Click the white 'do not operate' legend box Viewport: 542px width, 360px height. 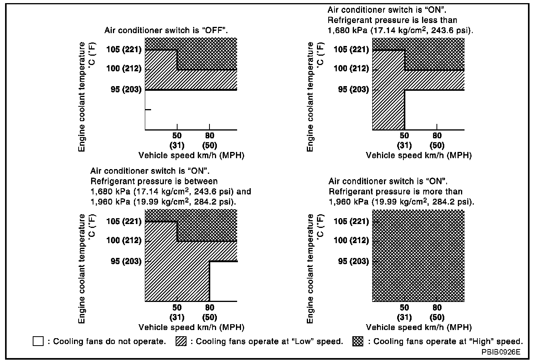[38, 341]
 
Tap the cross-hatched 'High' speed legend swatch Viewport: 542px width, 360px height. [358, 341]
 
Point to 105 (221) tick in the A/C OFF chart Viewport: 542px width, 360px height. [123, 49]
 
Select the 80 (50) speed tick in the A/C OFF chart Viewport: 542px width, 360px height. [209, 140]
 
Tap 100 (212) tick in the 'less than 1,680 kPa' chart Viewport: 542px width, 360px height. [351, 69]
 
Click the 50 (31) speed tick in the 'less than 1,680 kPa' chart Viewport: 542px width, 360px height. [405, 140]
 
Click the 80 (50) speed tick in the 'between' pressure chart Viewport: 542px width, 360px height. [209, 312]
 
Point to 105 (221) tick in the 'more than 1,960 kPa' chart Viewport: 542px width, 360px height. [351, 221]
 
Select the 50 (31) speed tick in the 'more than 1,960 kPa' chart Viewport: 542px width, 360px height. [405, 312]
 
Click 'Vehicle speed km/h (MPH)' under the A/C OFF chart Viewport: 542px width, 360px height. [191, 155]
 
